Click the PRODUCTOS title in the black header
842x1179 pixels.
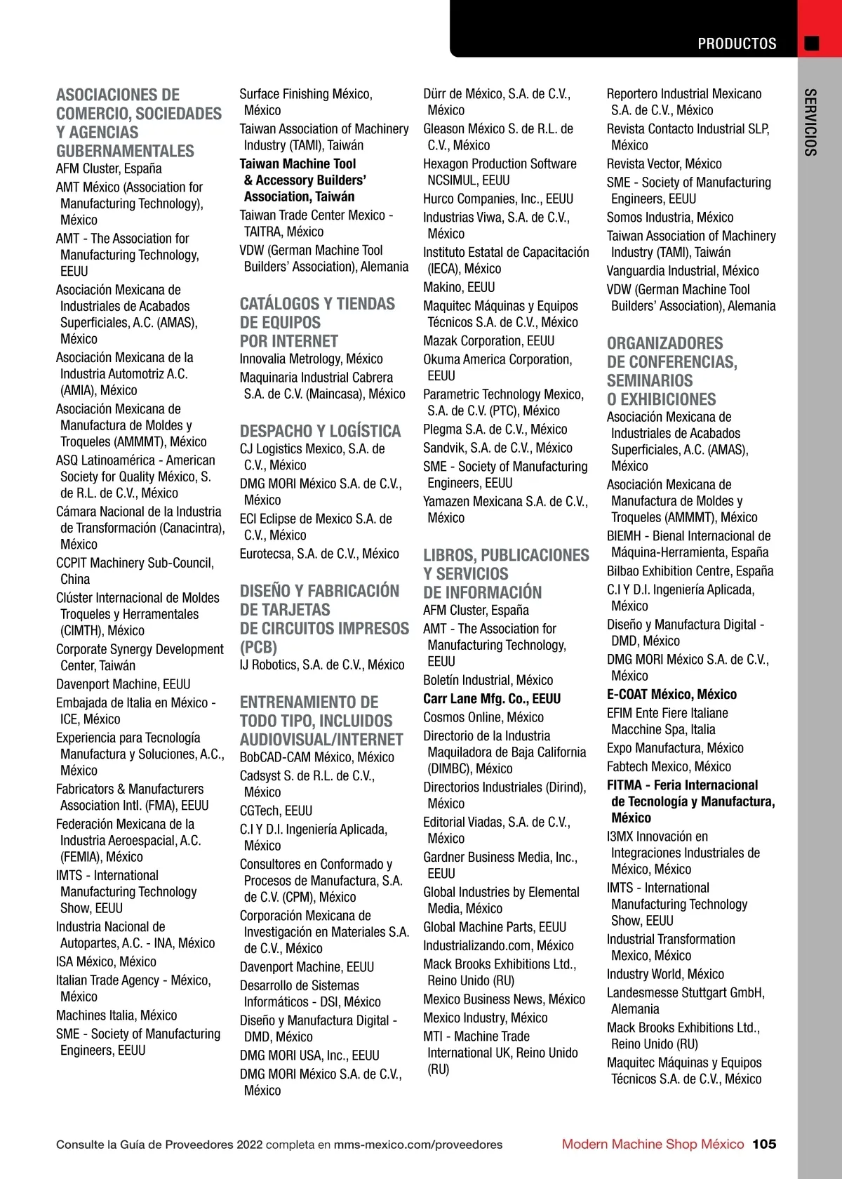tap(736, 44)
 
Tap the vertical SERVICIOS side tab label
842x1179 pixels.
tap(810, 122)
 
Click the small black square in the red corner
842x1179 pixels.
tap(812, 44)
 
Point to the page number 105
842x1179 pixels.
tap(764, 1144)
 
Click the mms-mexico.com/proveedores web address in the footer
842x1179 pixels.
tap(418, 1145)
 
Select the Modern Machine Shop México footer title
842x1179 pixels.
tap(653, 1144)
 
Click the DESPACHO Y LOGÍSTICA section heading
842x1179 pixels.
tap(320, 431)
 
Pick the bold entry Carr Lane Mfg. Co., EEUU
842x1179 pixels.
tap(492, 699)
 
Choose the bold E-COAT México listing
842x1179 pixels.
tap(671, 695)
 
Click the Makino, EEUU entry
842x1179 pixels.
tap(459, 287)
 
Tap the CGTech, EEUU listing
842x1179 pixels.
tap(276, 811)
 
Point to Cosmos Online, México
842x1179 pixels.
tap(483, 717)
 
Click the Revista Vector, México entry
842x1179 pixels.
tap(664, 164)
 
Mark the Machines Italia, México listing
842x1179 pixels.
tap(116, 1015)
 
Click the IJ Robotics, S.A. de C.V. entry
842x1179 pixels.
tap(321, 665)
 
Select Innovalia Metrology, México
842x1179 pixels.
tap(311, 359)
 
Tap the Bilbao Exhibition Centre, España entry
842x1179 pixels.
tap(690, 571)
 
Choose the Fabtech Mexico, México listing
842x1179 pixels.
tap(669, 767)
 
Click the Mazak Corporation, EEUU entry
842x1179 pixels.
tap(488, 341)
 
